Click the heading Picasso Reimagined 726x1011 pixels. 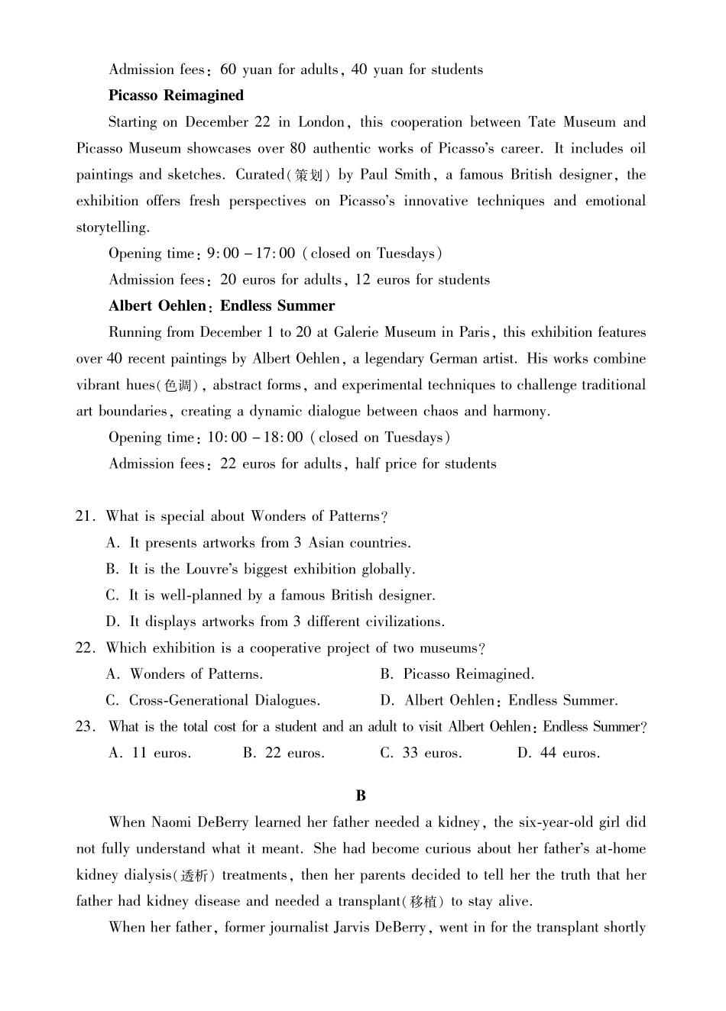pos(176,95)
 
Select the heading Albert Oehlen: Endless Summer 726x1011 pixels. pos(222,306)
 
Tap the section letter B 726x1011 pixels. pos(361,796)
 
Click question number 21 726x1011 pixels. pos(84,517)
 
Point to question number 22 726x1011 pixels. pos(84,648)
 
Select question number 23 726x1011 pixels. pos(84,727)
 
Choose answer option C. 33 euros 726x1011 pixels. pos(421,754)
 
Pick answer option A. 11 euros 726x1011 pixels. pos(150,754)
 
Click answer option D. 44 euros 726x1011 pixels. pos(559,754)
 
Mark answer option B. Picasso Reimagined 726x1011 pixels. pos(457,674)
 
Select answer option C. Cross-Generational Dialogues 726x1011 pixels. pos(213,701)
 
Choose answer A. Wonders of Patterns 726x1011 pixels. pos(184,674)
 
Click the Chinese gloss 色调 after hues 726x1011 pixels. pos(179,386)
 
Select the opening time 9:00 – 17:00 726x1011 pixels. pos(251,254)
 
